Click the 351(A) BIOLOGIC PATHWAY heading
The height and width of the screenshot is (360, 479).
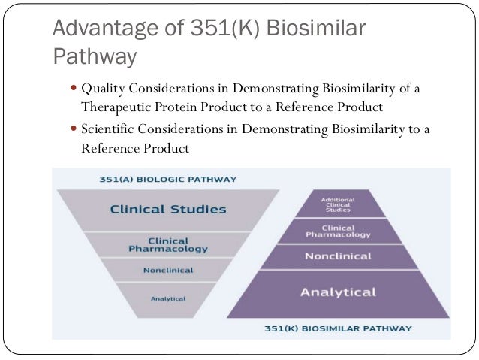(167, 180)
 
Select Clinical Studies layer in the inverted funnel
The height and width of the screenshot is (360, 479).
(167, 209)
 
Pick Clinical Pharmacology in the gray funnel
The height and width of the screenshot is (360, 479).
(167, 244)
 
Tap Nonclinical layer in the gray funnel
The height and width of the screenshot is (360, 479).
(167, 270)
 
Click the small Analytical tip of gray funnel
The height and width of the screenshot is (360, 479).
(167, 298)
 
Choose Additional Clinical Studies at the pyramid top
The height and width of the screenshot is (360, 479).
(337, 204)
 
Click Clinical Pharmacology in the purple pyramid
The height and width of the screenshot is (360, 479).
(337, 231)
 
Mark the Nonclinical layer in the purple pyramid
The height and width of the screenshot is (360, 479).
(337, 256)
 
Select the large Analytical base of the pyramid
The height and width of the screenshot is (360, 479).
(337, 292)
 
